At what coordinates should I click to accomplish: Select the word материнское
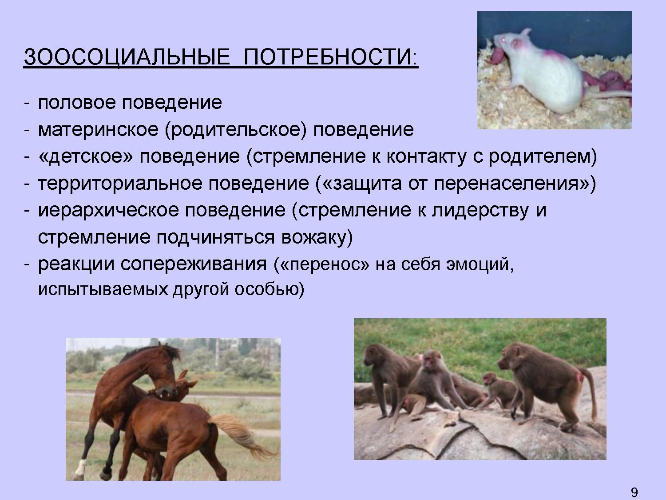click(x=98, y=130)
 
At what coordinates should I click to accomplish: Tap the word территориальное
click(x=120, y=184)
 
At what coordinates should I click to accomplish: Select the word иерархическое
click(x=108, y=211)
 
